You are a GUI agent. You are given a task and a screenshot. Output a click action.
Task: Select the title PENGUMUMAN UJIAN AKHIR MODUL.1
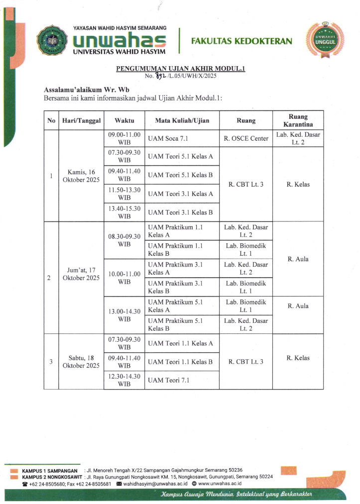point(181,69)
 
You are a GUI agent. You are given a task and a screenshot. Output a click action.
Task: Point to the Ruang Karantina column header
point(298,120)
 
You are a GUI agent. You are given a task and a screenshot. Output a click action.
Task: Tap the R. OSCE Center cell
point(246,138)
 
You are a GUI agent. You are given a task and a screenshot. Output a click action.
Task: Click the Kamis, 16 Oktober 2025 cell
point(81,176)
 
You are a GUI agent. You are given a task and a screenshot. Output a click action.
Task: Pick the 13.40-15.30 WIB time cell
point(124,212)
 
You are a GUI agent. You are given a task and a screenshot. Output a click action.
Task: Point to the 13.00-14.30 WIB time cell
point(124,315)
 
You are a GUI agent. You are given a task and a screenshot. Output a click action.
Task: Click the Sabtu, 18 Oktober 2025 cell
point(81,362)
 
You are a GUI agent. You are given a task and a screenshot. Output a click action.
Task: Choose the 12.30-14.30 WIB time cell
point(124,381)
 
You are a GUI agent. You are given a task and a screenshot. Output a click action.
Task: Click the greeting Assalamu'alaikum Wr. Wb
point(83,90)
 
